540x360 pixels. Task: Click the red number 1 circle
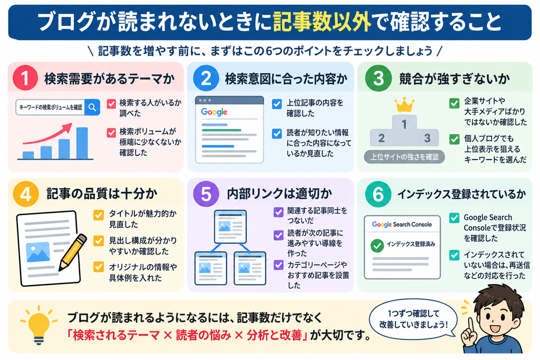pos(25,78)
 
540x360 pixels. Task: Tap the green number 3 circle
pos(378,78)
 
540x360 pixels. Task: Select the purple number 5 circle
pos(206,194)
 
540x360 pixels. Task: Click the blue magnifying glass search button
pos(92,108)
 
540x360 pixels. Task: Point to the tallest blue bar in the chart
pos(82,143)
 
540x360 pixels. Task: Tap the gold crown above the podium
pos(404,105)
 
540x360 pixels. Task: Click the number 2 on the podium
pos(382,138)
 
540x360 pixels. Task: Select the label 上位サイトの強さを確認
pos(404,157)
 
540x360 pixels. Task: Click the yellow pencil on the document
pos(73,252)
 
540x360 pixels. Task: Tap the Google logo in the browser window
pos(214,112)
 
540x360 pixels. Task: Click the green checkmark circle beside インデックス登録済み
pos(378,246)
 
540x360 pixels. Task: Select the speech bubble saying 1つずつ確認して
pos(413,319)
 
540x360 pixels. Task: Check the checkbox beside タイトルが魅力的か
pos(99,215)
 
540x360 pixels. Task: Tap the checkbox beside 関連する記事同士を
pos(278,212)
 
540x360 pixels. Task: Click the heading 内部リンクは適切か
pos(279,194)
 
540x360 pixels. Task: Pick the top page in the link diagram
pos(230,227)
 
